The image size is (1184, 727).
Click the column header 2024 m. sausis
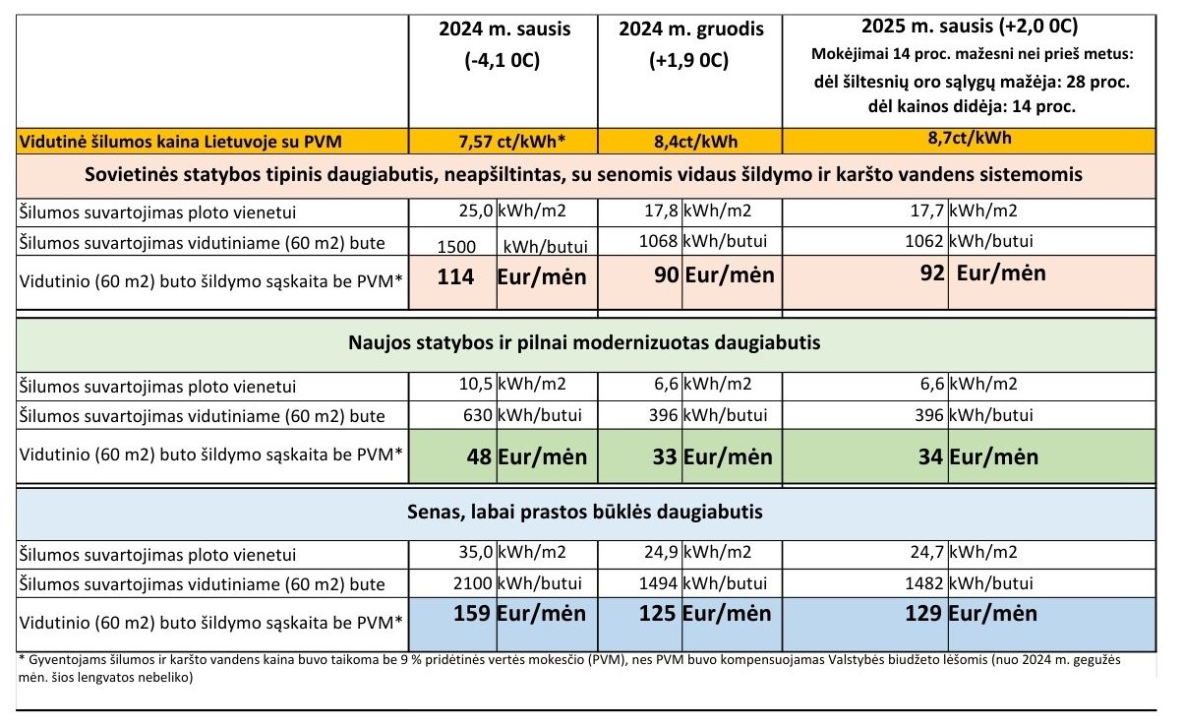tap(504, 29)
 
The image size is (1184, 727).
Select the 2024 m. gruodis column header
tap(691, 29)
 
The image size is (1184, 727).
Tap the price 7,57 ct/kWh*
tap(511, 142)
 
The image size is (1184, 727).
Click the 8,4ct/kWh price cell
tap(695, 142)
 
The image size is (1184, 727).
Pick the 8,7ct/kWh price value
tap(970, 138)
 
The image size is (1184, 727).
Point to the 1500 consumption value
tap(456, 247)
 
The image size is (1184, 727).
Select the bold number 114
tap(455, 277)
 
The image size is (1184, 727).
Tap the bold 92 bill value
tap(932, 273)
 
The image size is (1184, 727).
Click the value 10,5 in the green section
tap(476, 384)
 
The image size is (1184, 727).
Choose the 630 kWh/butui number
tap(478, 415)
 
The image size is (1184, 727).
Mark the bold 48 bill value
tap(479, 456)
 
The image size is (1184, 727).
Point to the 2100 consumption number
tap(473, 583)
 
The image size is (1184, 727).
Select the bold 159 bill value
tap(472, 613)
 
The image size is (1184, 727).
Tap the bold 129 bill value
tap(922, 613)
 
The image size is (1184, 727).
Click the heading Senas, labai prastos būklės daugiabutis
tap(584, 512)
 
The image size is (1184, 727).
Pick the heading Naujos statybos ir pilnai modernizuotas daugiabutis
tap(584, 342)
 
